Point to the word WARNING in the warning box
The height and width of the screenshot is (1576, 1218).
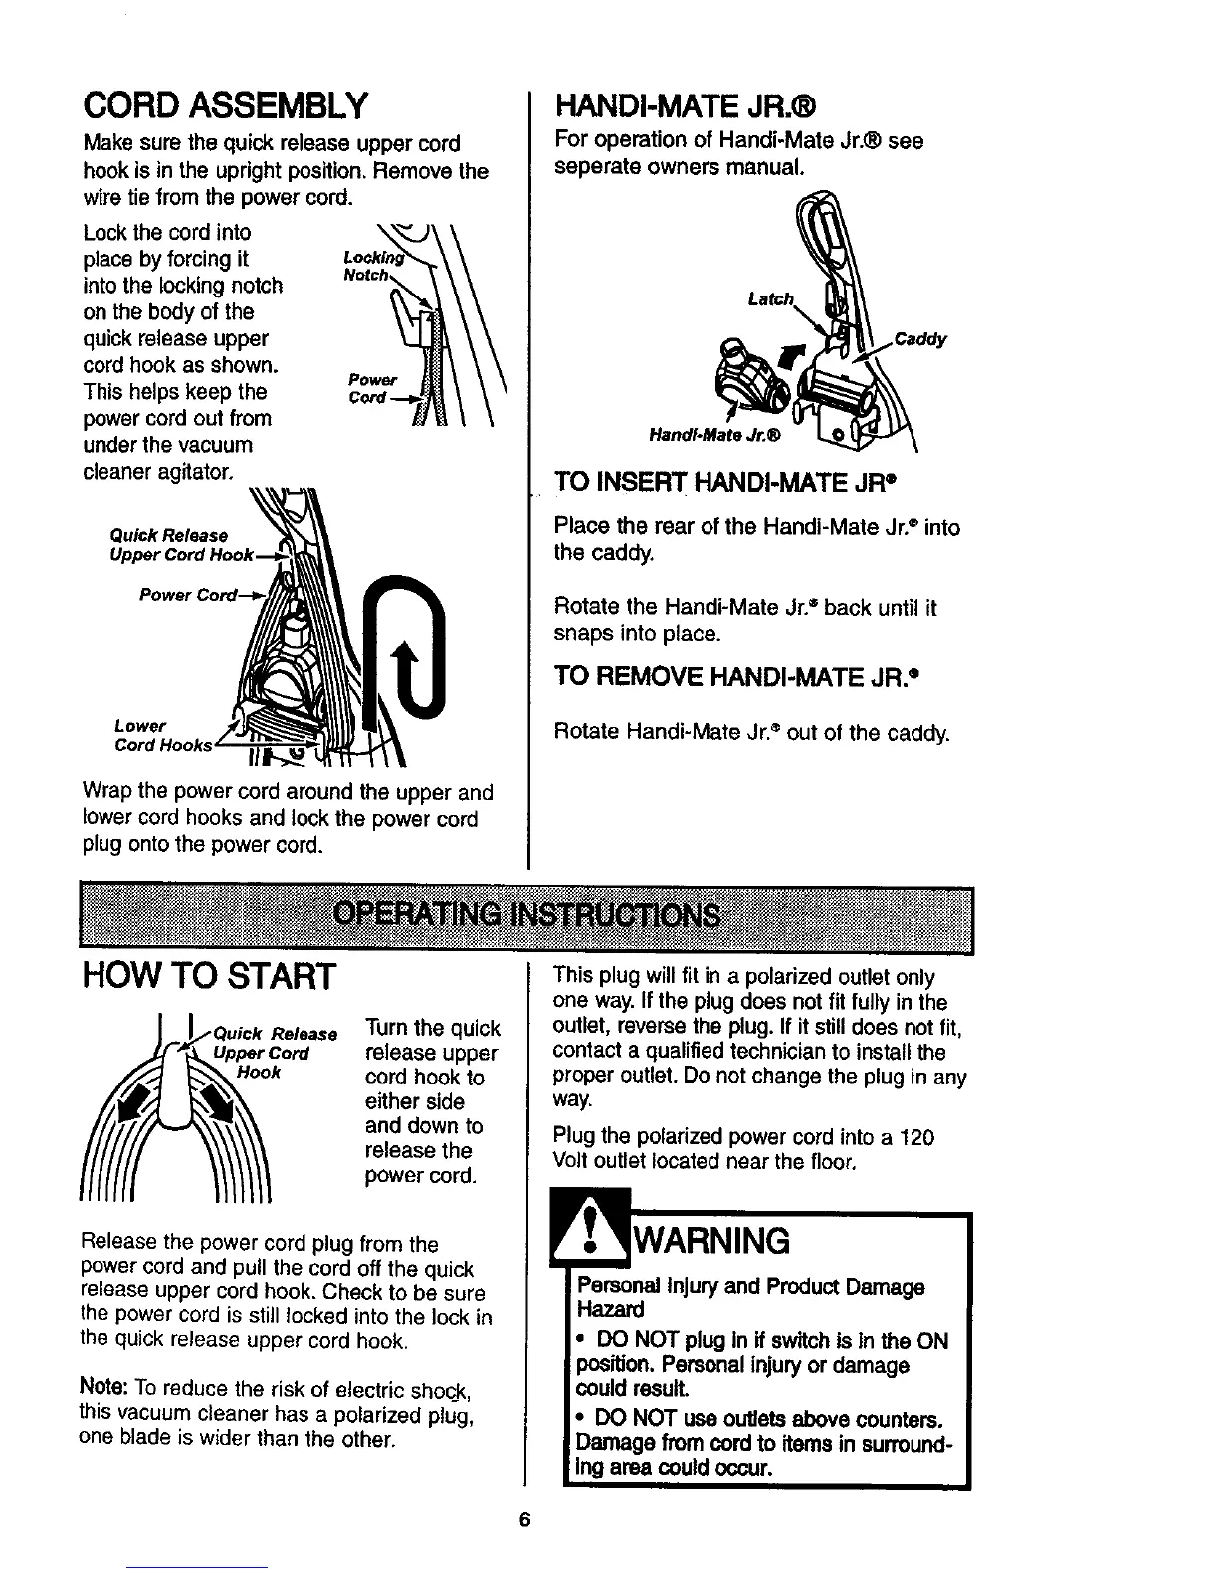712,1241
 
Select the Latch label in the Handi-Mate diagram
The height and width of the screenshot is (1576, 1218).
770,298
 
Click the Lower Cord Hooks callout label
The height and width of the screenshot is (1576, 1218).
162,735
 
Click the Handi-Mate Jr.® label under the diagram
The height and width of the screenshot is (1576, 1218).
714,435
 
